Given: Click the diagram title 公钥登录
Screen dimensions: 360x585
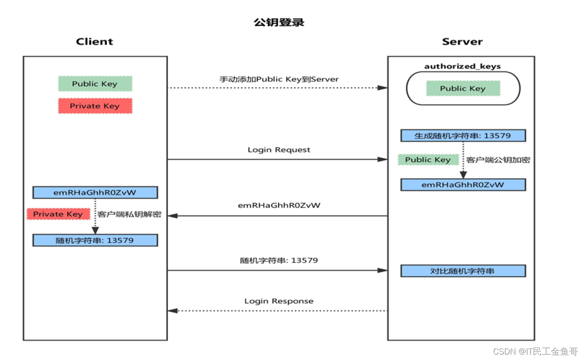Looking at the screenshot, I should point(279,22).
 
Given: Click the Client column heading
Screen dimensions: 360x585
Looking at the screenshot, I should point(95,42).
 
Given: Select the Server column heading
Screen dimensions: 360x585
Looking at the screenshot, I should point(462,42).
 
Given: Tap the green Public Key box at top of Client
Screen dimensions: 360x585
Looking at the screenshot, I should point(95,84).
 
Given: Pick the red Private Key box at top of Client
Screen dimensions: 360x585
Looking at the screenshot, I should point(95,106).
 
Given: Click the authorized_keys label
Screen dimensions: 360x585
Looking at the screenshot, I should point(462,66).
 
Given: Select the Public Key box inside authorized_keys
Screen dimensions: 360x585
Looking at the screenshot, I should point(463,89).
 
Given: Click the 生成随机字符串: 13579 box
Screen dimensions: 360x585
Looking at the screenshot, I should point(463,135).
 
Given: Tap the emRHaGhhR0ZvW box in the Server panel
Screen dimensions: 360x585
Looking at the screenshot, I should point(463,185).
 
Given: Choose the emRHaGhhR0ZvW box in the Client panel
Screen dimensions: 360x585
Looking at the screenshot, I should point(95,192).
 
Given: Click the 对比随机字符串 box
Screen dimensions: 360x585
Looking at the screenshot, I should point(463,271).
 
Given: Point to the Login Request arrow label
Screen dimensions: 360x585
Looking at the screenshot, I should point(279,150).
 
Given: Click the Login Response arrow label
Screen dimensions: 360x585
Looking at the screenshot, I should point(279,301).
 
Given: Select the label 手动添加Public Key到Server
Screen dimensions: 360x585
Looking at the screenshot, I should point(279,79).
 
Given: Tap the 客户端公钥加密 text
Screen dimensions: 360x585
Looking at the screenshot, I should point(498,160).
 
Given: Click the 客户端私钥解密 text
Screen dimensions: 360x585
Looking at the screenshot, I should point(129,214).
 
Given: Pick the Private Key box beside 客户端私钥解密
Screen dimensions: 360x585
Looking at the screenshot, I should point(58,214).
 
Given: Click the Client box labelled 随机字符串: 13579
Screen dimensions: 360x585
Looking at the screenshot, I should point(95,240).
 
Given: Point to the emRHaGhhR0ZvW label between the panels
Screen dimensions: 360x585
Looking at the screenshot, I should point(279,205).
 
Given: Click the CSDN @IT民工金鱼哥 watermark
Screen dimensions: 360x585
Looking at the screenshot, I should point(535,351).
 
